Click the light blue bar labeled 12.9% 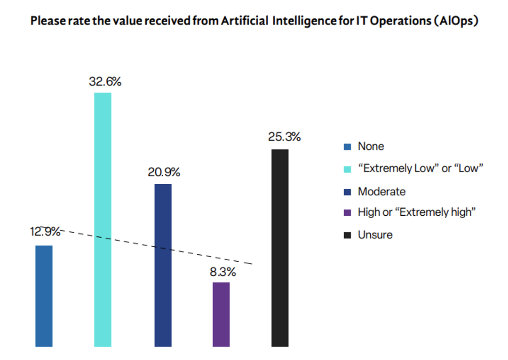(44, 296)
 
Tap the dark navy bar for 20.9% (163, 265)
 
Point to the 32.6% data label (105, 81)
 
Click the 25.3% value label (284, 137)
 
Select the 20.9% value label (164, 172)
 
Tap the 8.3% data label (223, 272)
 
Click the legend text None (371, 147)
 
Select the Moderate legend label (381, 192)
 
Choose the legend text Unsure (375, 235)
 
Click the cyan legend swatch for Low (348, 169)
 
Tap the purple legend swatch (348, 213)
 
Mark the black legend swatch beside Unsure (348, 235)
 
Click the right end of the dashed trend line (253, 264)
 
